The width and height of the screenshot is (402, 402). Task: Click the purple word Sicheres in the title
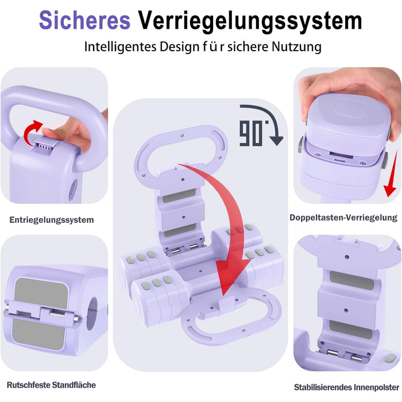pyautogui.click(x=84, y=20)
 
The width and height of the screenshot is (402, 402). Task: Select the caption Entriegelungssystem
pyautogui.click(x=52, y=220)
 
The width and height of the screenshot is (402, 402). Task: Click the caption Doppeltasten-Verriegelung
pyautogui.click(x=343, y=218)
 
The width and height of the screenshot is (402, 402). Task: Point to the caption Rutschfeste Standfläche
pyautogui.click(x=51, y=385)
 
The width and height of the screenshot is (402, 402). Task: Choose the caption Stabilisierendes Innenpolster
pyautogui.click(x=346, y=387)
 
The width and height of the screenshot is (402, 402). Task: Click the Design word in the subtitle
pyautogui.click(x=179, y=47)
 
